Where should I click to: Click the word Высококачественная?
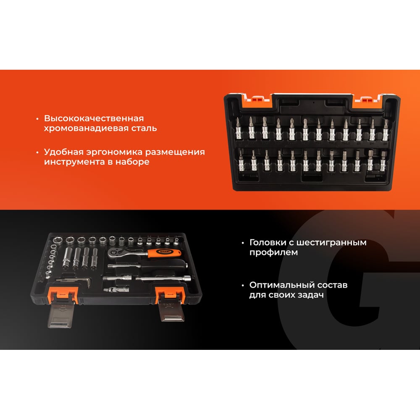pyautogui.click(x=94, y=118)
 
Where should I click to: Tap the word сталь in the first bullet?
pyautogui.click(x=144, y=128)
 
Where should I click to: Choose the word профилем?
pyautogui.click(x=273, y=252)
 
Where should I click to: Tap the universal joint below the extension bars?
pyautogui.click(x=116, y=289)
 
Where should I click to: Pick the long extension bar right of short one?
pyautogui.click(x=163, y=278)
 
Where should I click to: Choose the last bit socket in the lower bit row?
pyautogui.click(x=383, y=161)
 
